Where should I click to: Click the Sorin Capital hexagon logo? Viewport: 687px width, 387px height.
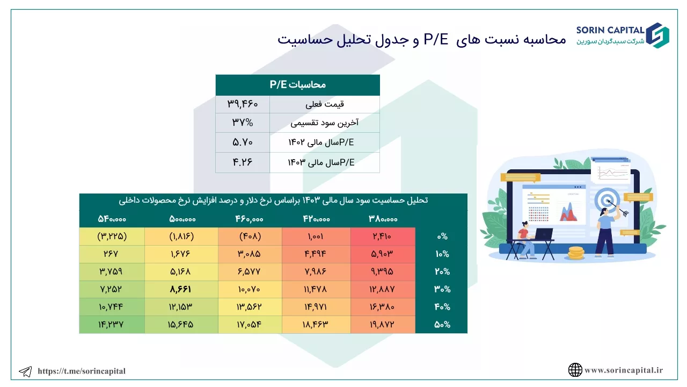click(x=657, y=35)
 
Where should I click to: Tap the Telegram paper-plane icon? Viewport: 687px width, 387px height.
click(x=25, y=371)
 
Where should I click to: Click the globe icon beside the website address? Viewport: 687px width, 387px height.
click(x=575, y=370)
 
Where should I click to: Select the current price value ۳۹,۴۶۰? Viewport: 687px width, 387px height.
click(x=242, y=104)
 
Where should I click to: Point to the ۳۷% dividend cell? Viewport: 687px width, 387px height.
click(x=242, y=123)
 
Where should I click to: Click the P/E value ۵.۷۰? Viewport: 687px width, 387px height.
click(x=242, y=142)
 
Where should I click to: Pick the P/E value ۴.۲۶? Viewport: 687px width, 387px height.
click(x=242, y=162)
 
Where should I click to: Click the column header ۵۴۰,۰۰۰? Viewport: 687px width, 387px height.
click(x=112, y=219)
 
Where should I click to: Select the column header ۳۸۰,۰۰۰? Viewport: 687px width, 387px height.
click(x=383, y=219)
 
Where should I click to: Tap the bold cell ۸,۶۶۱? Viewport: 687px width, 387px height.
click(x=181, y=289)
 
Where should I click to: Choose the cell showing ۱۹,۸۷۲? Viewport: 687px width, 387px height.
click(x=382, y=324)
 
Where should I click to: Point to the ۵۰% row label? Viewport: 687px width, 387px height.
click(x=442, y=324)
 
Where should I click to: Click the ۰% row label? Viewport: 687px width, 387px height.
click(x=442, y=236)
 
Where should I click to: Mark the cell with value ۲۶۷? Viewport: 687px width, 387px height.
click(x=111, y=254)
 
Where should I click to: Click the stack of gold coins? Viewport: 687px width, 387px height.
click(x=576, y=253)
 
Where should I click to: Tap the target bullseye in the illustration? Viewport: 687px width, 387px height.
click(x=607, y=200)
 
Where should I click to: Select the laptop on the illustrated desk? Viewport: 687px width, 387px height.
click(x=543, y=234)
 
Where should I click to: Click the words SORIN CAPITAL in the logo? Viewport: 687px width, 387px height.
click(x=610, y=30)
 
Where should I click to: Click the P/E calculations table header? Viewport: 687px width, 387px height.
click(x=297, y=85)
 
